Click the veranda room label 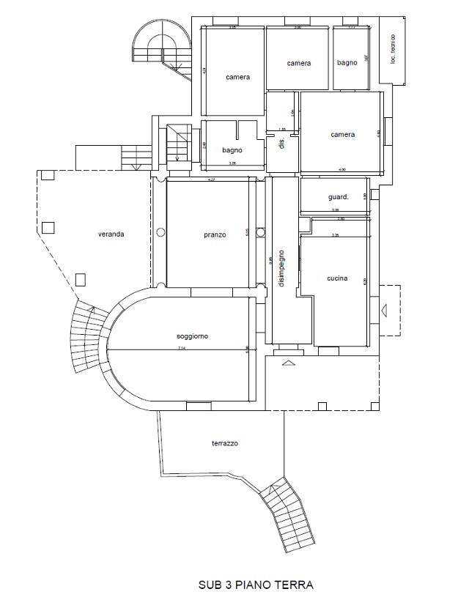[x=111, y=234]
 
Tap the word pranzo [x=215, y=235]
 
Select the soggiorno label [x=192, y=336]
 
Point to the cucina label [x=336, y=278]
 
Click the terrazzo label [x=225, y=443]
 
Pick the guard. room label [x=338, y=196]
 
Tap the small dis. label [x=281, y=143]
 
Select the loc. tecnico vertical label [x=394, y=48]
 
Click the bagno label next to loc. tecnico [x=347, y=63]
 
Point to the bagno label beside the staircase [x=232, y=150]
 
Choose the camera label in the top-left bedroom [x=237, y=77]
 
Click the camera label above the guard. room [x=342, y=135]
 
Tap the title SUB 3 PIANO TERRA [x=256, y=585]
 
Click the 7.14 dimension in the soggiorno [x=181, y=349]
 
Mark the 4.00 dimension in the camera [x=341, y=170]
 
